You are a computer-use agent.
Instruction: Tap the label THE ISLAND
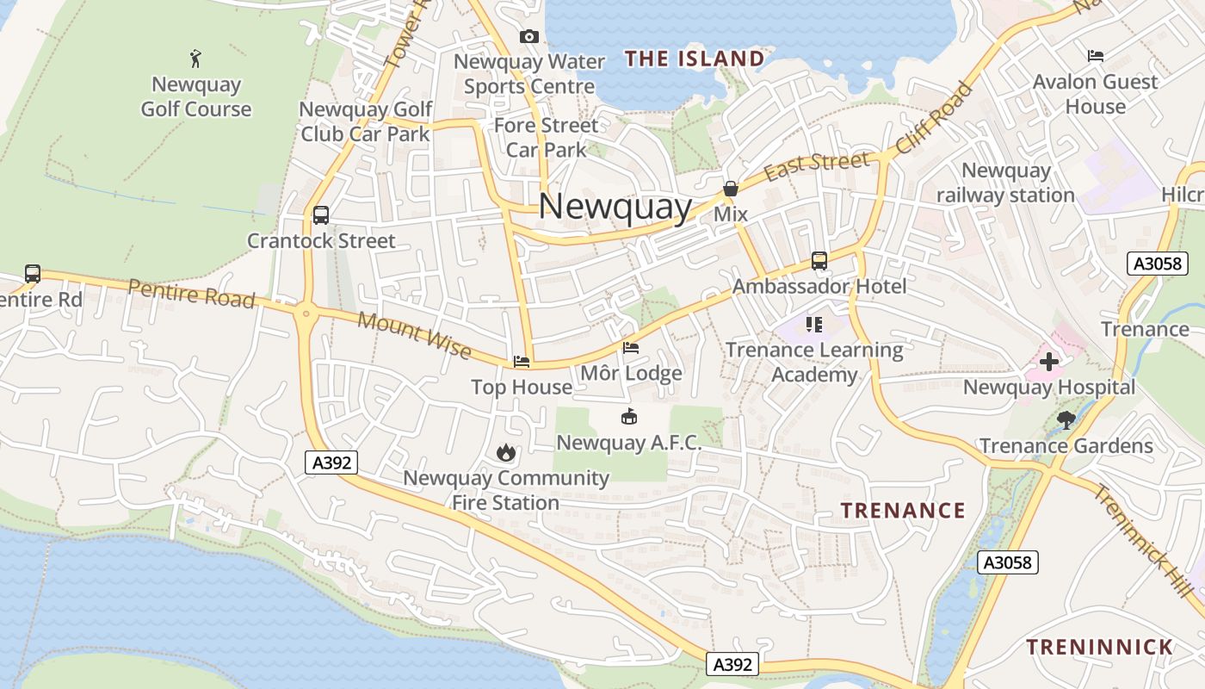tap(695, 59)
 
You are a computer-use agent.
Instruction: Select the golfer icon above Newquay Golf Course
tap(196, 59)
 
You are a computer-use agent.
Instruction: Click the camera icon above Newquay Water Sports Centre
tap(529, 36)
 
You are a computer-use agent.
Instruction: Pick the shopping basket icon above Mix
tap(731, 188)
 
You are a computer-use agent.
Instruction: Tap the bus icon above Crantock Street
tap(321, 215)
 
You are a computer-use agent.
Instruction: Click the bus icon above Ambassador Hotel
tap(819, 260)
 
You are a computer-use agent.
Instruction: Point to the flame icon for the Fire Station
tap(506, 452)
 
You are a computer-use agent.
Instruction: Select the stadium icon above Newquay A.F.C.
tap(629, 418)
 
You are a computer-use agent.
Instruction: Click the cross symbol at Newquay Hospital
tap(1049, 362)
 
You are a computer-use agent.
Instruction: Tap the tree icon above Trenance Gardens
tap(1066, 420)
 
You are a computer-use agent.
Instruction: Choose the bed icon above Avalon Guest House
tap(1096, 56)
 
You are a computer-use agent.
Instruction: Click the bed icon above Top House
tap(522, 362)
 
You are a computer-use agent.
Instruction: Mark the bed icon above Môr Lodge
tap(631, 348)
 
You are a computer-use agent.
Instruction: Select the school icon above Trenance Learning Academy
tap(814, 325)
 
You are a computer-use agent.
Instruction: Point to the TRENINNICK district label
tap(1099, 647)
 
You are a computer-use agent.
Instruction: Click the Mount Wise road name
tap(415, 335)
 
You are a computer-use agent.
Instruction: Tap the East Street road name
tap(817, 165)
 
